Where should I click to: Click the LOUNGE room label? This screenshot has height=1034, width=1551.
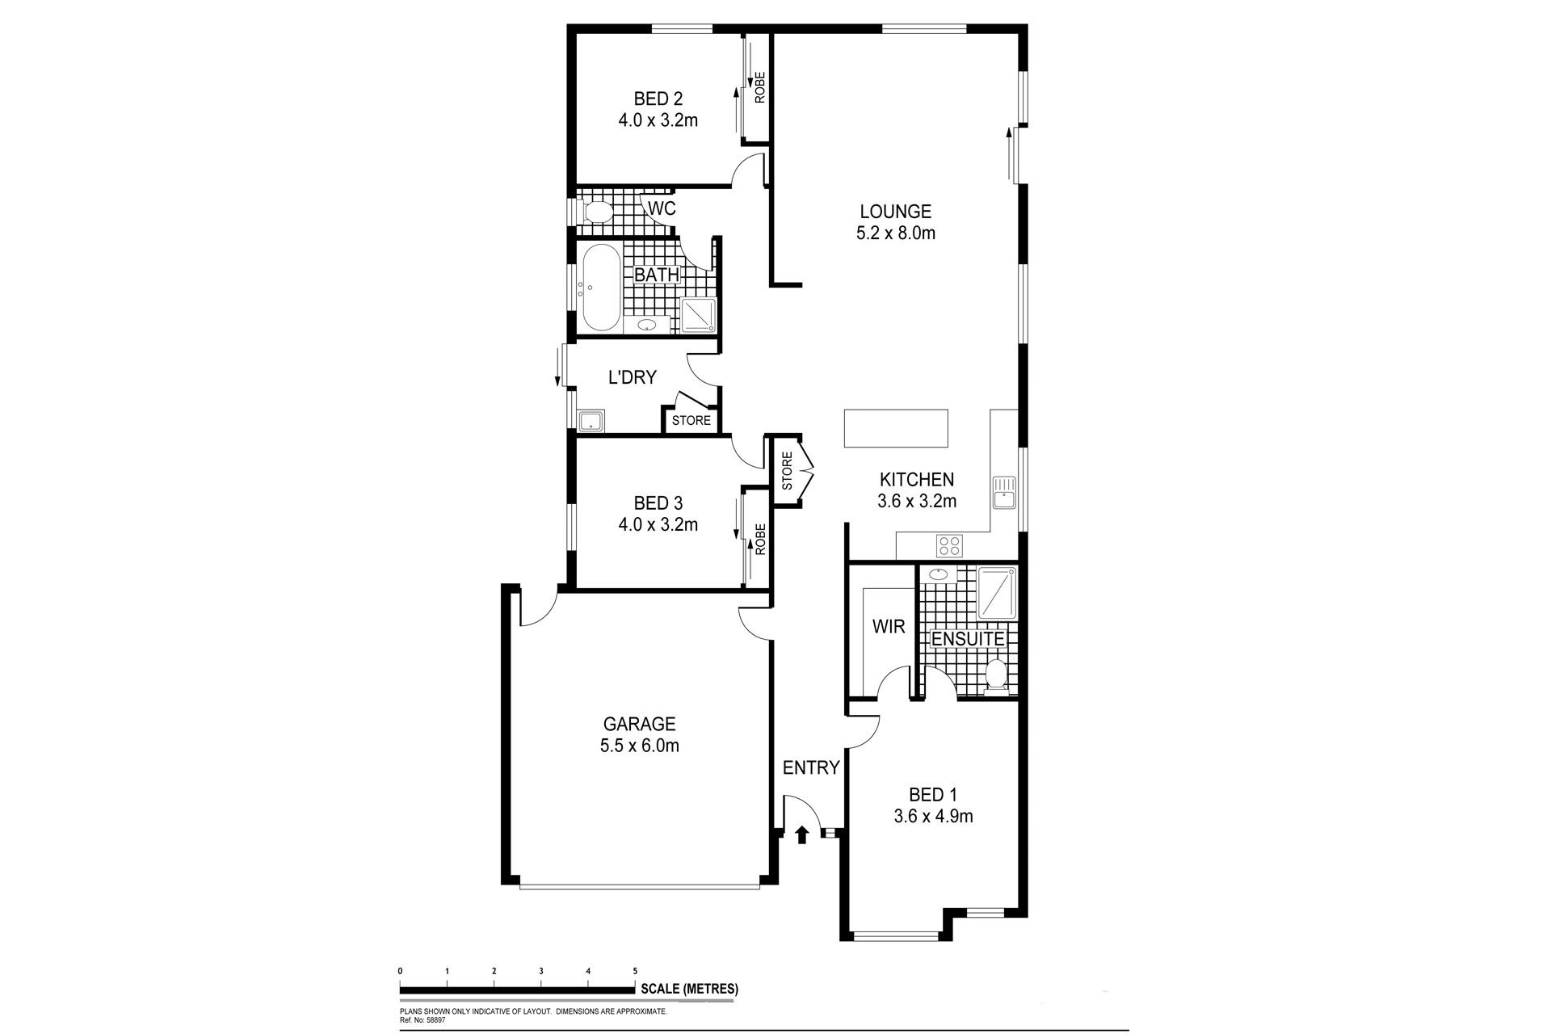(x=895, y=212)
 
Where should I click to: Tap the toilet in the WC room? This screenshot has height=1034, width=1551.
(x=595, y=212)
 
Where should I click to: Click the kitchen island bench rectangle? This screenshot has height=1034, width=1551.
(x=896, y=428)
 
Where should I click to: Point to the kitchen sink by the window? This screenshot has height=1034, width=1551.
(x=1004, y=492)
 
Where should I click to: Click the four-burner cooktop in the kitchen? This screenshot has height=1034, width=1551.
(x=949, y=546)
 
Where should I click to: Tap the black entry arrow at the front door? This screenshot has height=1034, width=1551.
(x=802, y=834)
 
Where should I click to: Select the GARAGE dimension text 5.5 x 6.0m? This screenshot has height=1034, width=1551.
(x=639, y=746)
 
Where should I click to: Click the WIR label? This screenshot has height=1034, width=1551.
(x=888, y=627)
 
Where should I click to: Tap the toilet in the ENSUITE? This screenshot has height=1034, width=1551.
(x=996, y=675)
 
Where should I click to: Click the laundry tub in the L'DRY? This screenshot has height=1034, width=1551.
(x=590, y=420)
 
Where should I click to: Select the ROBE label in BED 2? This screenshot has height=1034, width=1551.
(x=759, y=88)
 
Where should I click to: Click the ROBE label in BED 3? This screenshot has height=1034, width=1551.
(x=759, y=539)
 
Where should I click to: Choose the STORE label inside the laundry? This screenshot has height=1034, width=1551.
(x=691, y=420)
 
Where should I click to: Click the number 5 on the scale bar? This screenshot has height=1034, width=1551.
(x=635, y=971)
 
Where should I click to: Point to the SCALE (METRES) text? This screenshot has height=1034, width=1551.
(x=689, y=989)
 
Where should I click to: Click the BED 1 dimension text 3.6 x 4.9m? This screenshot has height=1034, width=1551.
(x=933, y=817)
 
